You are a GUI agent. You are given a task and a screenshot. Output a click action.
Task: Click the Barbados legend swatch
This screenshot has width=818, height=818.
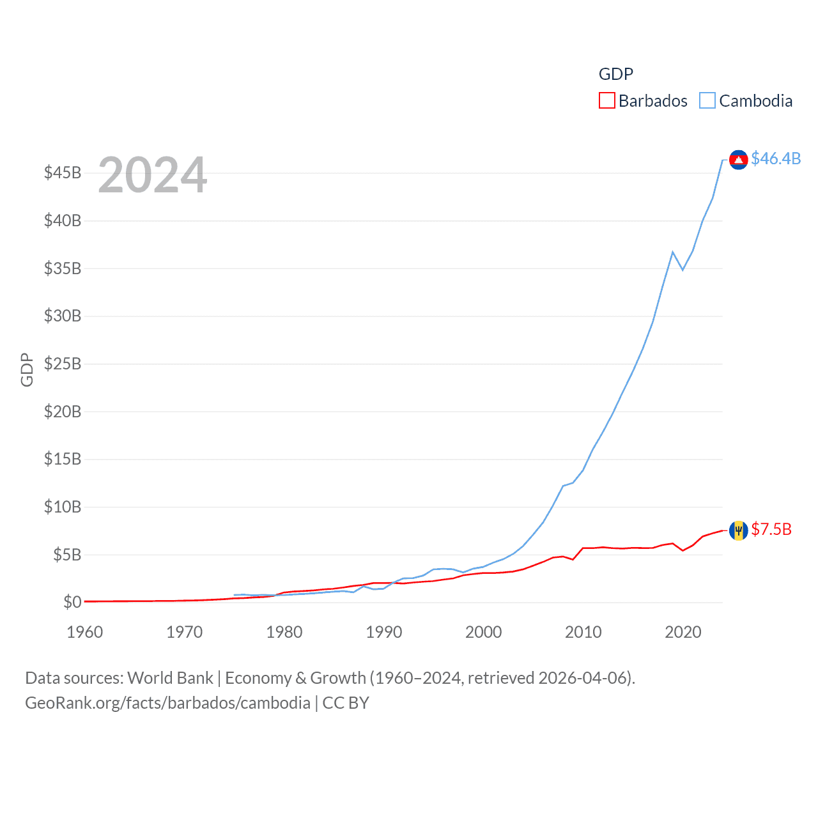click(606, 101)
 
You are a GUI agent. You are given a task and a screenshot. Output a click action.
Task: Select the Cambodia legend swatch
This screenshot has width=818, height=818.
click(707, 101)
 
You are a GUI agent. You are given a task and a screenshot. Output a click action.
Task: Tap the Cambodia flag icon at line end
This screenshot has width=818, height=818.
click(738, 159)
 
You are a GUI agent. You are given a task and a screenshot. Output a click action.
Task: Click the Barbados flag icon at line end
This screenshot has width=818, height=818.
click(738, 530)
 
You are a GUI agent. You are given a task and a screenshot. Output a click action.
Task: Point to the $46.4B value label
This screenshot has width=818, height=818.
click(776, 158)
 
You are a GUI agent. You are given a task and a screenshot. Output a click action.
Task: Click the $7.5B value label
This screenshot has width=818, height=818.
click(771, 529)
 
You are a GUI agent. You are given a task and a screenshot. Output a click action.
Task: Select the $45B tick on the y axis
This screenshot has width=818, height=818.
click(63, 173)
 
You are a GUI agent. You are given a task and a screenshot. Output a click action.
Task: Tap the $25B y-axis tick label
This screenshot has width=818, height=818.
click(63, 364)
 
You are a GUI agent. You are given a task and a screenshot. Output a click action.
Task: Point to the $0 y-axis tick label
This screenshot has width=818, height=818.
click(72, 602)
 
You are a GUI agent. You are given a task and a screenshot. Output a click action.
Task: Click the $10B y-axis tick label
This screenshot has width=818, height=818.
click(63, 507)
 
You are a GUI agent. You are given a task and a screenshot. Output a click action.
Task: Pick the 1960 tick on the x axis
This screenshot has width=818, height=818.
click(85, 632)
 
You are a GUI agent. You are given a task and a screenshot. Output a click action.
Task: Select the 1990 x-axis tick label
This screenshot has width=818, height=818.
click(384, 632)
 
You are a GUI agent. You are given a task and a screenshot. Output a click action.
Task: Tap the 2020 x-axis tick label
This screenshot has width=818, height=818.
click(683, 632)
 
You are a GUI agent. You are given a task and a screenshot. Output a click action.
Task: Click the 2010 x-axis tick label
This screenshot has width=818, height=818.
click(583, 632)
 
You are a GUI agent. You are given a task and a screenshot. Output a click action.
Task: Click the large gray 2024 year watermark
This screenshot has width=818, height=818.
click(153, 174)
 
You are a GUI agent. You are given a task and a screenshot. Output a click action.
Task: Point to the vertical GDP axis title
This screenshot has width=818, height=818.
click(27, 369)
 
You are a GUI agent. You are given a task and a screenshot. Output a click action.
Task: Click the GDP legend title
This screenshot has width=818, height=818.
click(615, 74)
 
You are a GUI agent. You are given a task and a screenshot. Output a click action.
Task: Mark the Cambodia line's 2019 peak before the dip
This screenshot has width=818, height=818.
click(673, 252)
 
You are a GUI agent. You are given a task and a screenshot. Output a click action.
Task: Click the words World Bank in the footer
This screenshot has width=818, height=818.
click(171, 677)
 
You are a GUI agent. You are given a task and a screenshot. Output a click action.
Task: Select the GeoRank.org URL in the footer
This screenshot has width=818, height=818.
click(167, 703)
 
